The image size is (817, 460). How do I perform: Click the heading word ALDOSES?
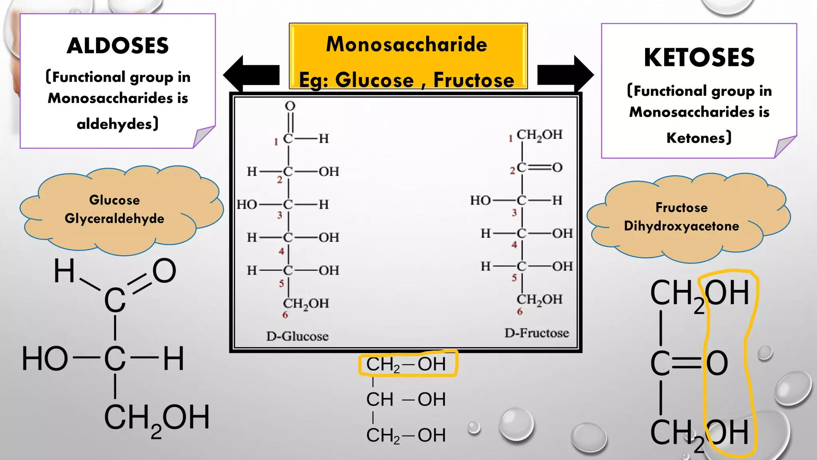coord(118,46)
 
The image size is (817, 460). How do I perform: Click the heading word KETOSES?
coord(699,57)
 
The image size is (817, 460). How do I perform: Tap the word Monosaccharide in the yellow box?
coord(407,44)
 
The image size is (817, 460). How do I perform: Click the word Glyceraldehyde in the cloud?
coord(114,218)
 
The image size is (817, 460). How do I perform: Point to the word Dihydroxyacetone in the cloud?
coord(681,226)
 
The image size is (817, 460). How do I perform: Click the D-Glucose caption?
coord(297,336)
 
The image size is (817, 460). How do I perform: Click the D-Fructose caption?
coord(537,333)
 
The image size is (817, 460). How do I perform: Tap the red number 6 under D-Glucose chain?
coord(285,315)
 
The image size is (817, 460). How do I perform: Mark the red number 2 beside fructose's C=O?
coord(513,171)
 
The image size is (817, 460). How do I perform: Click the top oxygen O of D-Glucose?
coord(290,106)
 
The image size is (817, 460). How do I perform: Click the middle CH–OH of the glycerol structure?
coord(406,399)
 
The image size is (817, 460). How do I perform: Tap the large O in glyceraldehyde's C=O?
coord(164,271)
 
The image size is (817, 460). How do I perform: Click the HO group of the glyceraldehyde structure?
coord(45,359)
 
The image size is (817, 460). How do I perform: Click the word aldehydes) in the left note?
coord(118,124)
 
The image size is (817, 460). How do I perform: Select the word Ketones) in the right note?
coord(699,138)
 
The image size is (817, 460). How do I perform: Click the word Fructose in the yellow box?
coord(474,80)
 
